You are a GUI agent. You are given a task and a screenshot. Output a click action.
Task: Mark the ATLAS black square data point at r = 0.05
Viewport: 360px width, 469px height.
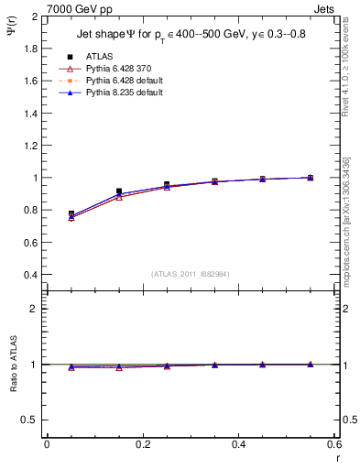pos(71,213)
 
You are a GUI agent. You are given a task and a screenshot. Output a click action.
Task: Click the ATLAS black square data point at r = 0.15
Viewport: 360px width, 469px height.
pos(119,191)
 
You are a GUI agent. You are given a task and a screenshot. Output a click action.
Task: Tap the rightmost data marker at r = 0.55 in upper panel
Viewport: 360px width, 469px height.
pos(310,178)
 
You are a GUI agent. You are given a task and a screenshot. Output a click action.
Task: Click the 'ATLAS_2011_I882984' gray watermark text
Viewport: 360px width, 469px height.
pos(191,274)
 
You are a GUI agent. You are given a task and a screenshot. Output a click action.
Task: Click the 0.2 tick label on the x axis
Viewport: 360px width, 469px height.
pos(142,444)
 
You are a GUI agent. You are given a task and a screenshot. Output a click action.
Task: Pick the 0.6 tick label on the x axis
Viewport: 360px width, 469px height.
pos(333,444)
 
